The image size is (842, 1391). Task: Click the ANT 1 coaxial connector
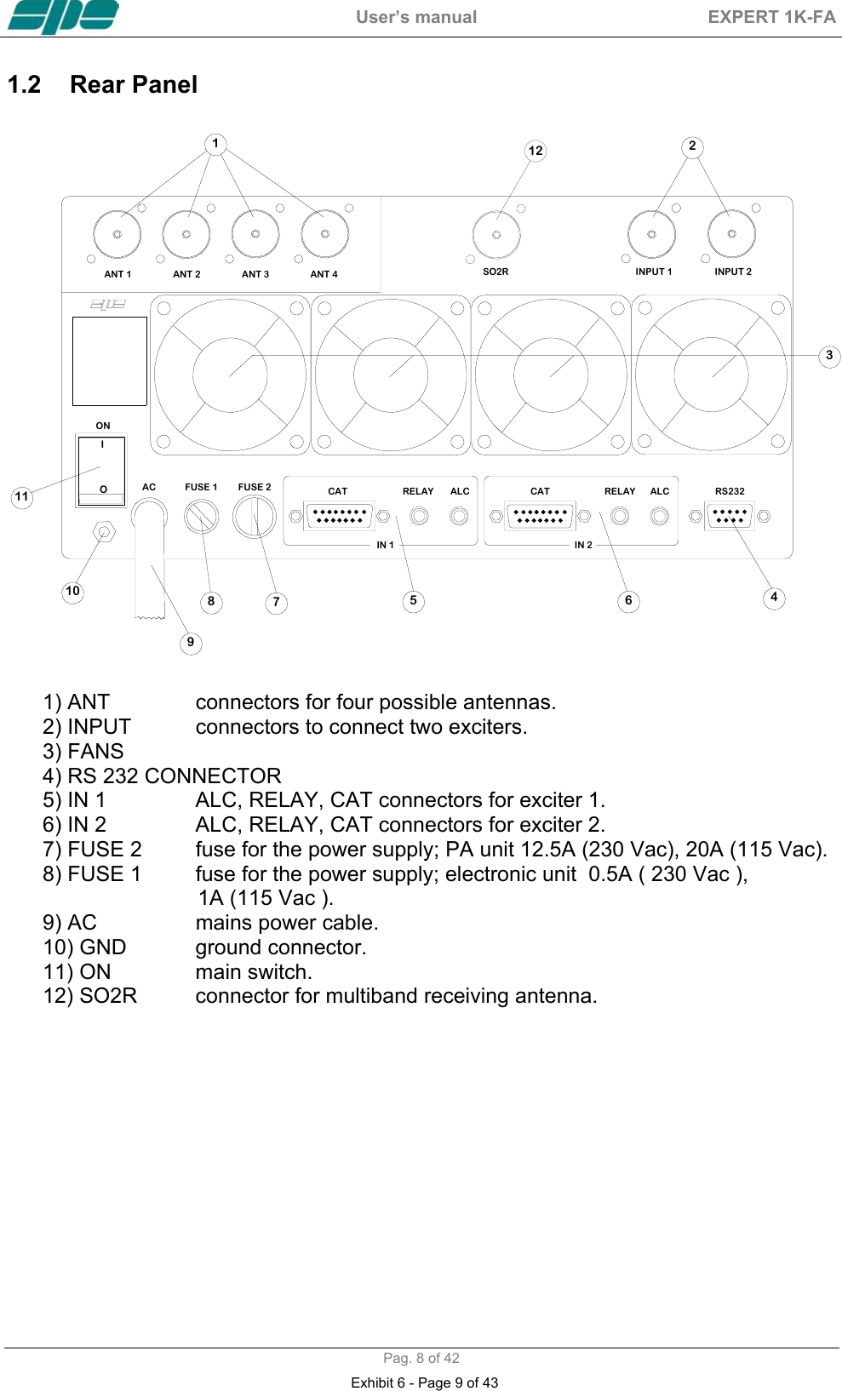(x=117, y=234)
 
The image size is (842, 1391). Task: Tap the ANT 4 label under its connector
(x=324, y=274)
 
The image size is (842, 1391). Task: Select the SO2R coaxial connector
(x=496, y=235)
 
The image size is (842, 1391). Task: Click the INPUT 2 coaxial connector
(x=731, y=233)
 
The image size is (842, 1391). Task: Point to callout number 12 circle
(x=535, y=151)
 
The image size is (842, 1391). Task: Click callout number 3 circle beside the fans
(x=828, y=356)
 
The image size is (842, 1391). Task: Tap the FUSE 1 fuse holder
(x=202, y=516)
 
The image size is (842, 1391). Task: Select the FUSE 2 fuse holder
(x=255, y=516)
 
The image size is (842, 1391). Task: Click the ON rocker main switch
(x=102, y=470)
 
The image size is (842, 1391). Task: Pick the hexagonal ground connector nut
(x=104, y=533)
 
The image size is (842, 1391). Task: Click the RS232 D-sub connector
(x=730, y=516)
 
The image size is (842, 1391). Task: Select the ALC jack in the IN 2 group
(x=659, y=516)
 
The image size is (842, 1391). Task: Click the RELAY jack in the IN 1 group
(x=419, y=516)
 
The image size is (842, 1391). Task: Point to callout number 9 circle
(x=191, y=643)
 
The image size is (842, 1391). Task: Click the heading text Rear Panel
(x=134, y=85)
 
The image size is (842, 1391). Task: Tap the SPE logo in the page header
(x=63, y=16)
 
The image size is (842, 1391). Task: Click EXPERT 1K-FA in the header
(x=771, y=17)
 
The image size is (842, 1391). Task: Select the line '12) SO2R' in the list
(x=90, y=996)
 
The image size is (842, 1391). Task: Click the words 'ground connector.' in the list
(x=281, y=947)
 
